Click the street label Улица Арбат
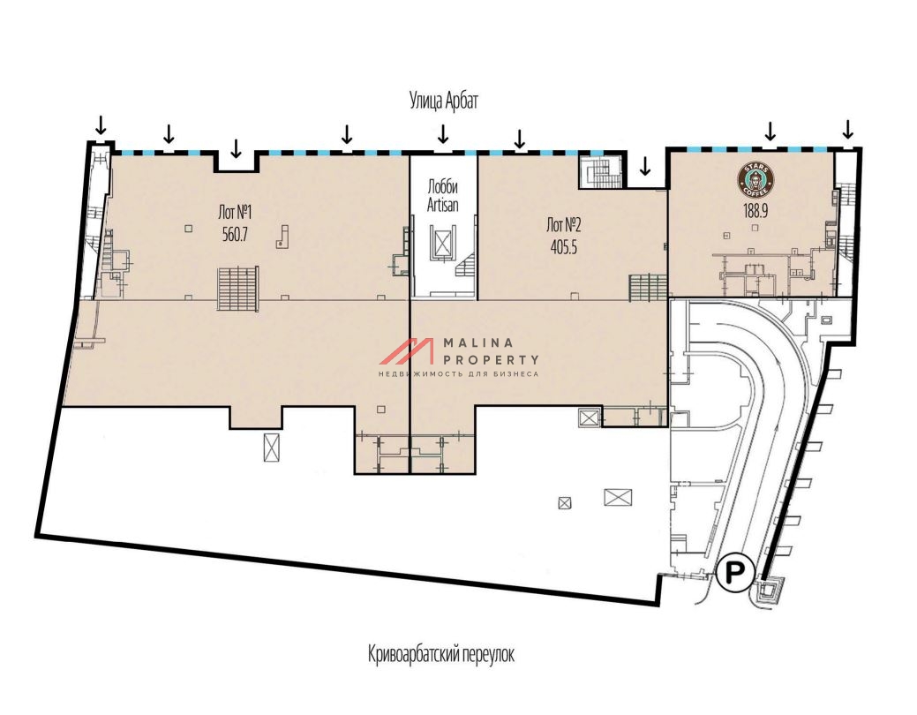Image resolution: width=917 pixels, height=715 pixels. click(x=443, y=101)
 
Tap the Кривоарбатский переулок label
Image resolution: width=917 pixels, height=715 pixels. click(x=441, y=653)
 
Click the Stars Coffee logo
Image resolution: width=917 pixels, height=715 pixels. click(x=755, y=179)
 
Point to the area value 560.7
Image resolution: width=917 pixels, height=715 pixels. click(x=235, y=235)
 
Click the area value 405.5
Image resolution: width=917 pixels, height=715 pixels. click(x=564, y=247)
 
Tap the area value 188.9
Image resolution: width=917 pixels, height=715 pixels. click(x=755, y=211)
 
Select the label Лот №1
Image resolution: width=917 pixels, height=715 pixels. click(x=235, y=212)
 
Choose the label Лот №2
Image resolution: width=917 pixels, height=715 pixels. click(x=564, y=225)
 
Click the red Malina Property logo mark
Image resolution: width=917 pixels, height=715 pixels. click(x=407, y=351)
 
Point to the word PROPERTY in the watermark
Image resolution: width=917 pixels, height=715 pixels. click(x=492, y=360)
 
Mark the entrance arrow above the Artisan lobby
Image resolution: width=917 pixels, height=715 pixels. click(x=443, y=134)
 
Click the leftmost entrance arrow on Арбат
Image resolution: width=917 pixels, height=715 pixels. click(x=101, y=124)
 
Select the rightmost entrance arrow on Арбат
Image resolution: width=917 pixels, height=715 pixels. click(x=847, y=128)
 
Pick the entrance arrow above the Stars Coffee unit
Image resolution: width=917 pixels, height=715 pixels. click(x=770, y=131)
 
